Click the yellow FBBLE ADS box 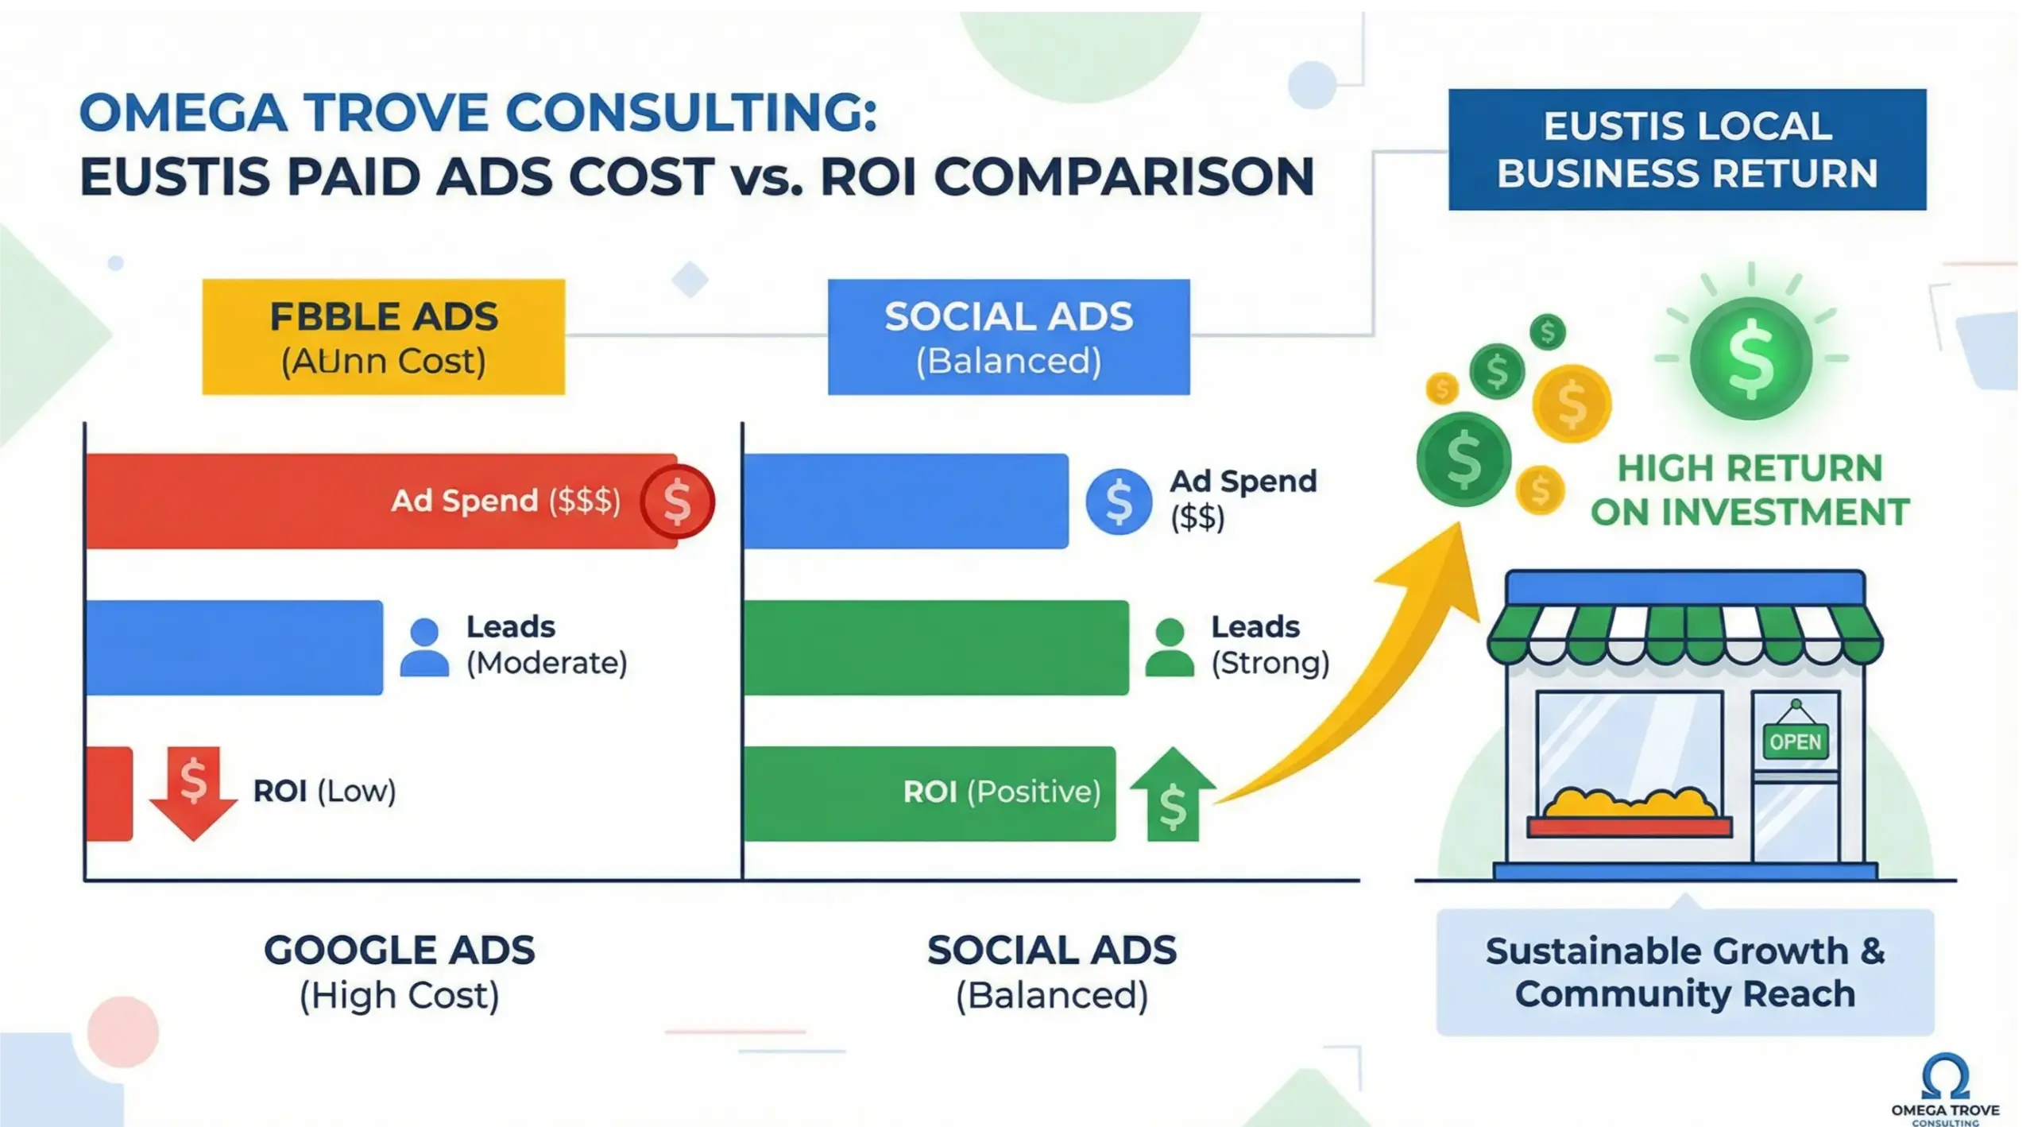[383, 337]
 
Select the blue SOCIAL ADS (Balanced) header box [1008, 337]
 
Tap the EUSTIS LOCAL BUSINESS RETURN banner [1687, 149]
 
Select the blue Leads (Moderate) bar [234, 647]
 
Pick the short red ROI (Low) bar [109, 793]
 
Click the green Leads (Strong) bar [936, 647]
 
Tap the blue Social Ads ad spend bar [906, 501]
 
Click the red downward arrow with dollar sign [193, 791]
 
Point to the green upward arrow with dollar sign [1173, 795]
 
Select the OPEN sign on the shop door [1796, 742]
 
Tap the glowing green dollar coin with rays [1750, 358]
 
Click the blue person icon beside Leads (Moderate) [424, 647]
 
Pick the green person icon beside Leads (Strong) [1169, 647]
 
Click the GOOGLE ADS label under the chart [399, 951]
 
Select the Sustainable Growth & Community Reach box [1685, 972]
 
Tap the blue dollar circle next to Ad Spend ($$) [1119, 502]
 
